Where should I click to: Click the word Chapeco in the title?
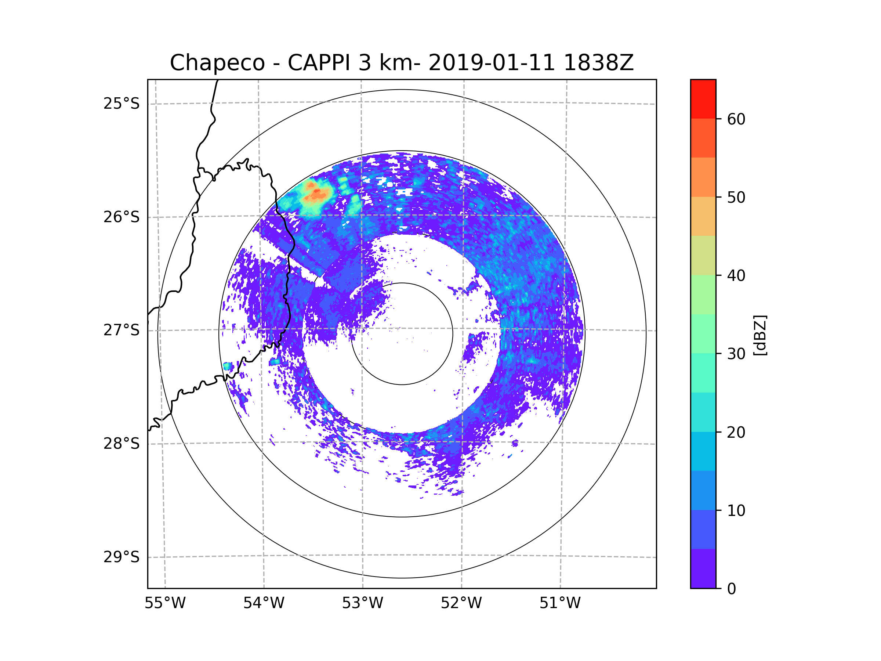coord(217,63)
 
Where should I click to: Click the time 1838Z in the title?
coord(598,63)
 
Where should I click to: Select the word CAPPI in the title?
coord(319,63)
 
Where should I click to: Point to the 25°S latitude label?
coord(122,104)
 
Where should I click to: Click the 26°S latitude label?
coord(122,217)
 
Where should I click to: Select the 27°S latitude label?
coord(122,330)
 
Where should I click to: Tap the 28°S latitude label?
coord(122,444)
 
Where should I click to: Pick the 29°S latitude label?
coord(122,557)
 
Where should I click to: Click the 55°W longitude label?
coord(165,603)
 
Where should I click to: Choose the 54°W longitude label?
coord(264,603)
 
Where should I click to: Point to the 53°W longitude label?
coord(362,603)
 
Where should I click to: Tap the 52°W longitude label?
coord(461,603)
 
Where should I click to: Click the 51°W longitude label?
coord(560,603)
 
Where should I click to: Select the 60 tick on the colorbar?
coord(736,119)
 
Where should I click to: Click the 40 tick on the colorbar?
coord(736,276)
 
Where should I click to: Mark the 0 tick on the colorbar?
coord(732,589)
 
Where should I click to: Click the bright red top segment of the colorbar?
coord(703,99)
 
